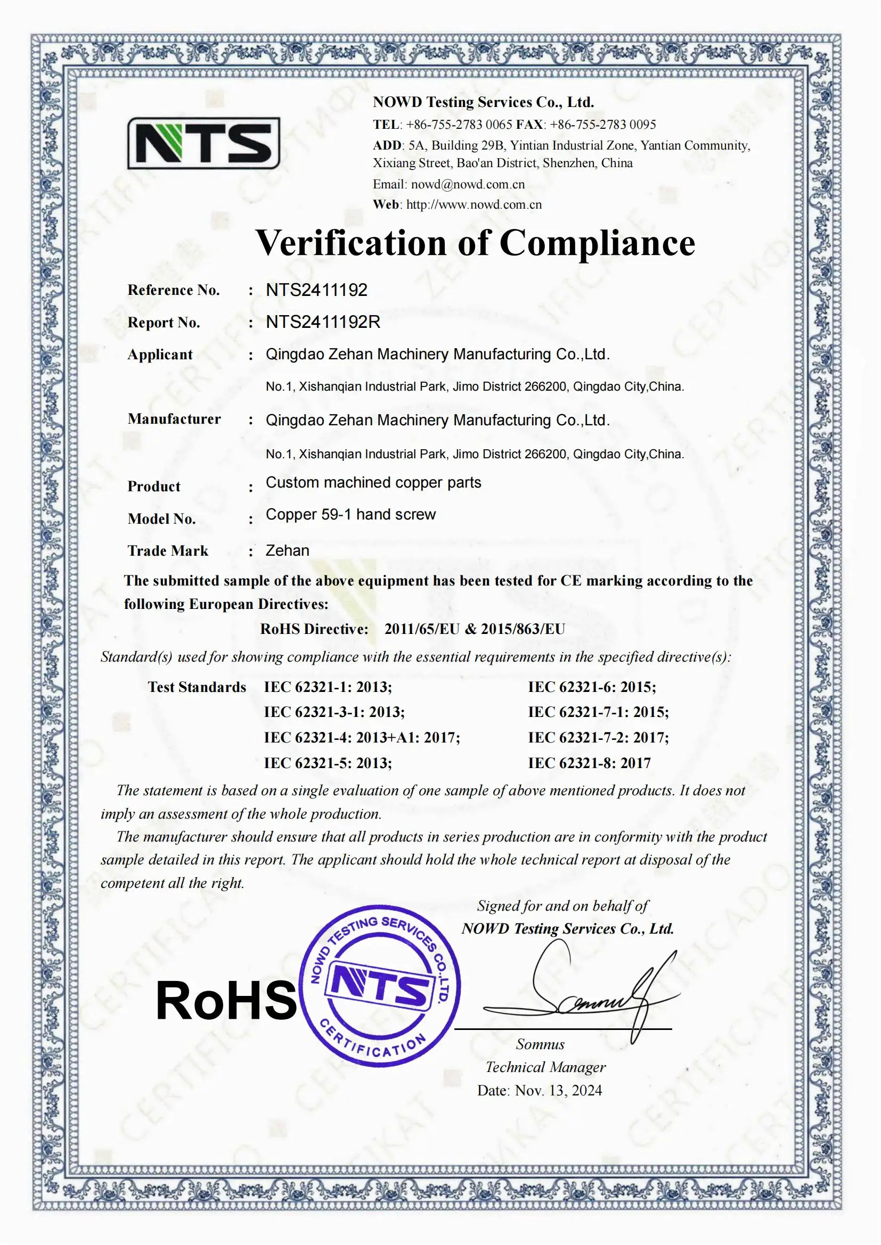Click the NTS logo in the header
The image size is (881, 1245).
[203, 144]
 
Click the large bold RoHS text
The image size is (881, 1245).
[226, 1002]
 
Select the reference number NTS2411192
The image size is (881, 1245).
[316, 290]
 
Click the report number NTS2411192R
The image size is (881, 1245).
[323, 322]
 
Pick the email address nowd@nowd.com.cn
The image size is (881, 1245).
[468, 184]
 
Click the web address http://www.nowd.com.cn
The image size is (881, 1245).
[474, 205]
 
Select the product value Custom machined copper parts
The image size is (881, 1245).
[373, 483]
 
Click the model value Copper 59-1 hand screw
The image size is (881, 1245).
[350, 515]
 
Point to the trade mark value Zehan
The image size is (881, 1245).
[288, 551]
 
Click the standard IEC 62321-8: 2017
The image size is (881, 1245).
[589, 763]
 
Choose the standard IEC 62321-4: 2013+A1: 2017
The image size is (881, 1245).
[362, 737]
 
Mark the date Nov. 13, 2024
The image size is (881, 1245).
[558, 1091]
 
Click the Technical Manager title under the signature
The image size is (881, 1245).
[545, 1067]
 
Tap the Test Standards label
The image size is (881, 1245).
[197, 687]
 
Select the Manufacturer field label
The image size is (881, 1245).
[174, 419]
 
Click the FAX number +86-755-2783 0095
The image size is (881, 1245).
[603, 125]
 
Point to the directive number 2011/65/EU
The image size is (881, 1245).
[421, 629]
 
